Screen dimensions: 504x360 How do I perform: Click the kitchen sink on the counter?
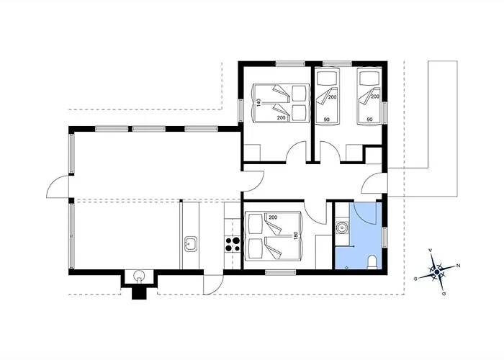(191, 244)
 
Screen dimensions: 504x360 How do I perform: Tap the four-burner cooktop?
(233, 244)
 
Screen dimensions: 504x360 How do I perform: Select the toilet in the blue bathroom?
(372, 262)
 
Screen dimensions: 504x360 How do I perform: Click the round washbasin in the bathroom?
(342, 228)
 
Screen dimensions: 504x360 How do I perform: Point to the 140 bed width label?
(258, 103)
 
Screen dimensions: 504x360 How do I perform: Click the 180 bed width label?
(295, 235)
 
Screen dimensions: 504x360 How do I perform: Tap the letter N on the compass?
(459, 266)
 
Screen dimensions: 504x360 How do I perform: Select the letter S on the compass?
(415, 279)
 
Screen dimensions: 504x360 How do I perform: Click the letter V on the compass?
(431, 250)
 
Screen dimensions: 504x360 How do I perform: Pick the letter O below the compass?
(444, 294)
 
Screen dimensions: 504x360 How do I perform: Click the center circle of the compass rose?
(436, 272)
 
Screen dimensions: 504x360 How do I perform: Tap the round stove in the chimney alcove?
(139, 275)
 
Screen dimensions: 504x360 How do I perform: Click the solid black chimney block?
(139, 294)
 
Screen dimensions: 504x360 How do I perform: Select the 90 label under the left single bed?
(327, 120)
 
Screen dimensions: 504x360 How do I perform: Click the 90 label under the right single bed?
(369, 120)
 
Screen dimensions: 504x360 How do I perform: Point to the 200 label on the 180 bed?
(273, 217)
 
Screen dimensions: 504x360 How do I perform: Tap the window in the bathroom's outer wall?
(384, 237)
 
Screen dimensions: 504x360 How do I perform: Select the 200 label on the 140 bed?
(282, 118)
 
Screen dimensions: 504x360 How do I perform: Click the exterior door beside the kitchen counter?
(213, 285)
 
